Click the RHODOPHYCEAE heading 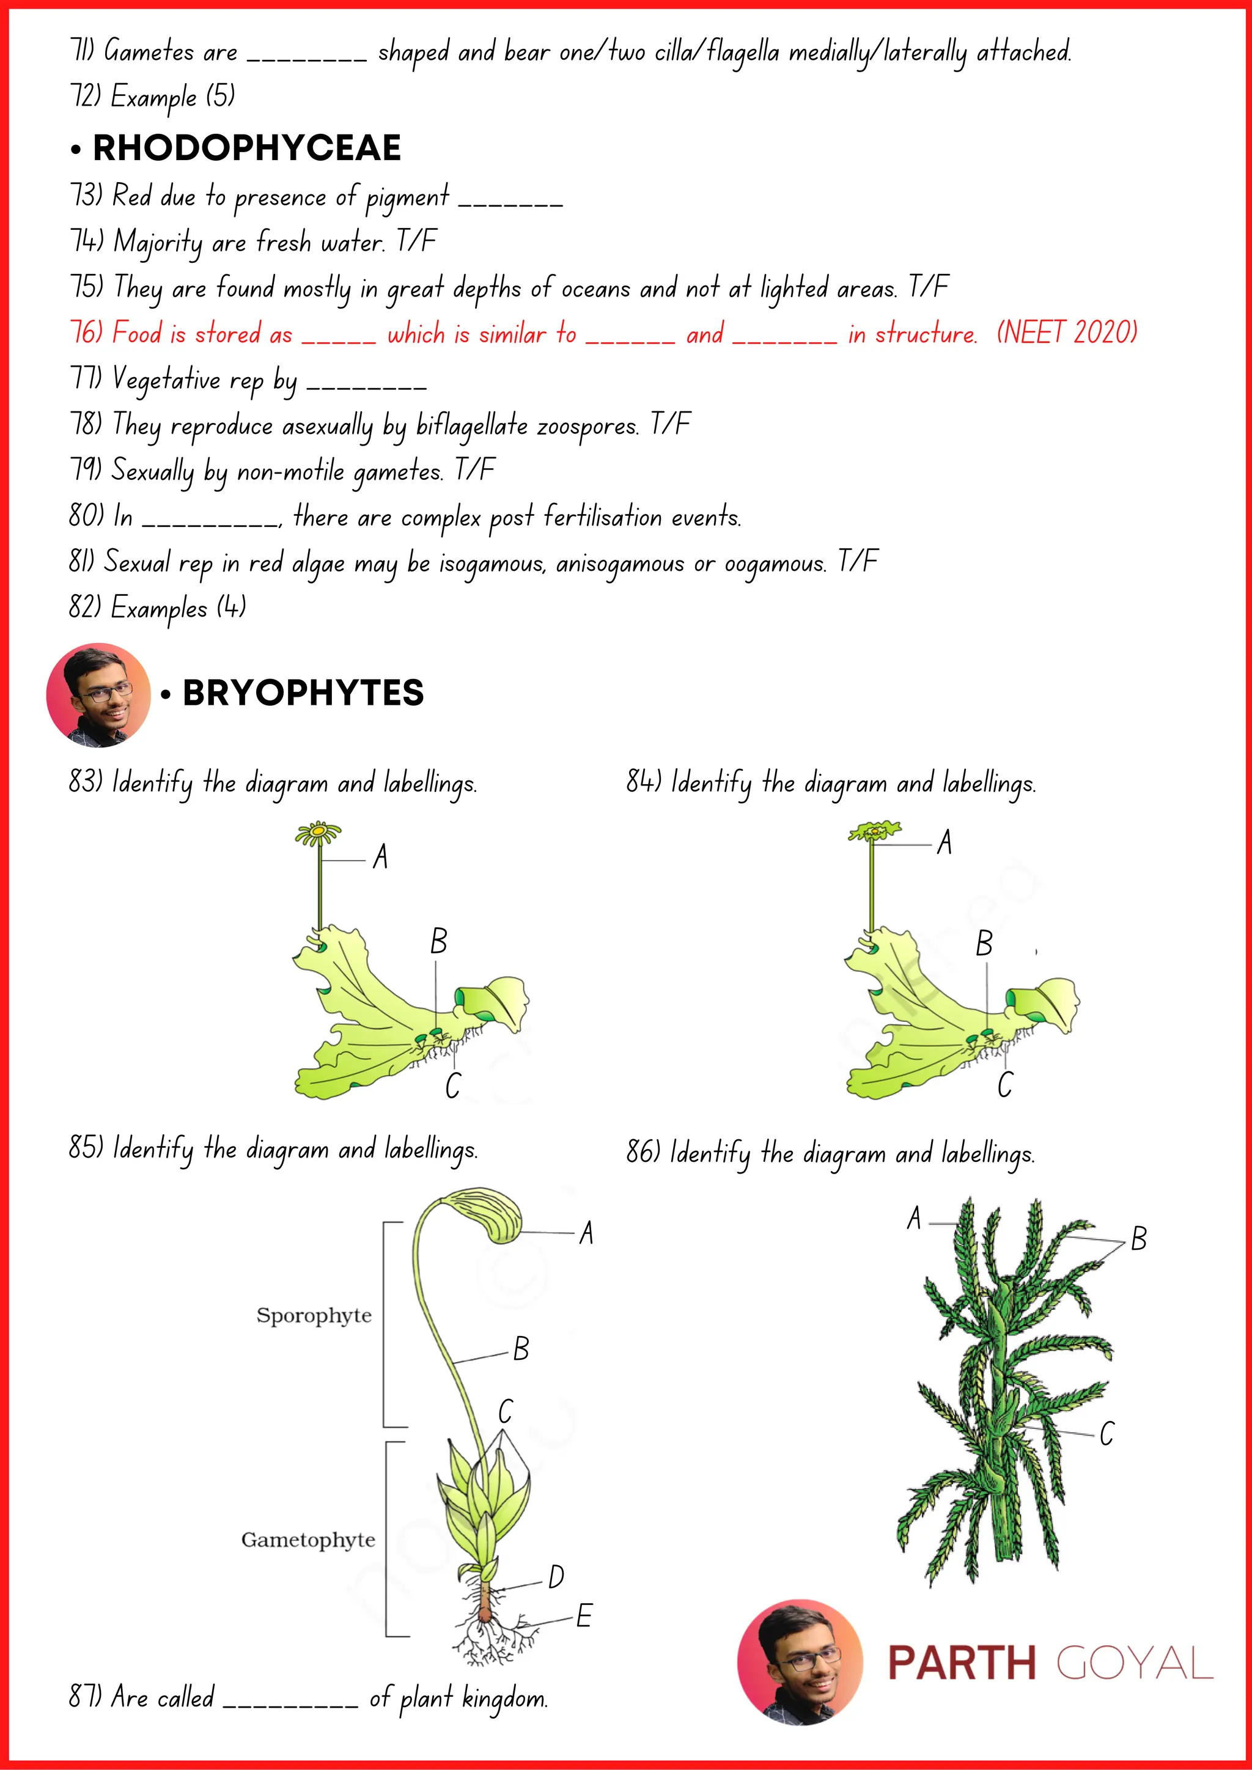(x=247, y=148)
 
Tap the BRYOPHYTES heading (x=303, y=693)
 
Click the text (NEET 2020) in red (x=1067, y=332)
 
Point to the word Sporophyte (x=314, y=1315)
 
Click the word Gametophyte (x=307, y=1540)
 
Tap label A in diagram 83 (x=380, y=856)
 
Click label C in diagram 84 (x=1004, y=1085)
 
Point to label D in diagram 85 (x=556, y=1577)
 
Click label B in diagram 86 (x=1139, y=1239)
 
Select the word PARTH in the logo (x=962, y=1663)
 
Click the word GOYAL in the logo (x=1134, y=1663)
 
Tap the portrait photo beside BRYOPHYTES (x=98, y=694)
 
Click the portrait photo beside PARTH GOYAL (x=800, y=1662)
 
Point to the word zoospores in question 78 (x=587, y=425)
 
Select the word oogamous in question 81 (x=776, y=563)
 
